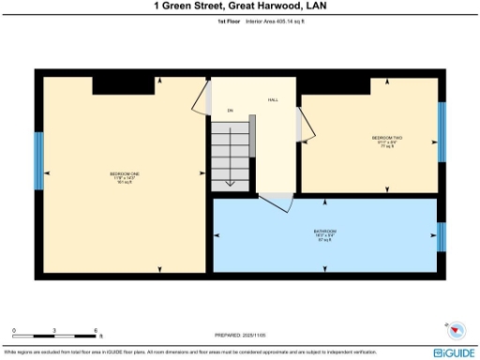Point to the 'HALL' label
click(x=274, y=99)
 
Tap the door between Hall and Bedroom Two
click(x=300, y=124)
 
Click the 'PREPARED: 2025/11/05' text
click(x=239, y=335)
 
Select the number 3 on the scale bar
click(x=54, y=330)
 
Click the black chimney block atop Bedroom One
click(x=123, y=84)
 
